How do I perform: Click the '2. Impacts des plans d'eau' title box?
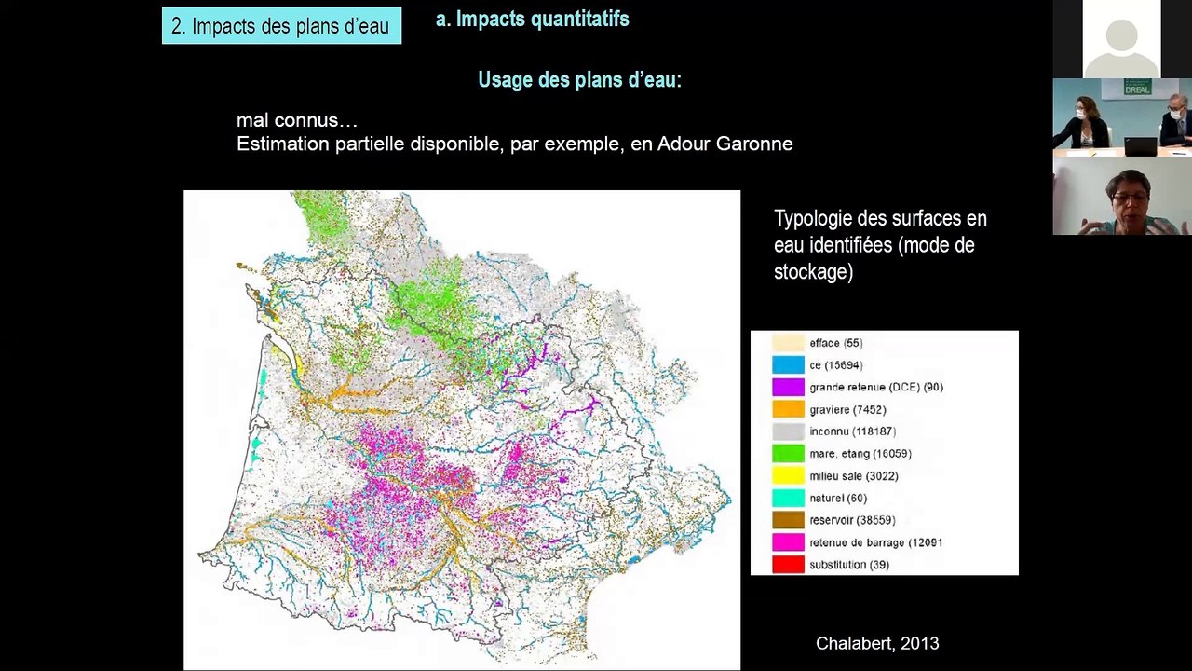tap(281, 26)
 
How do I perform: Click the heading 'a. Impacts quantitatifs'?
tap(533, 20)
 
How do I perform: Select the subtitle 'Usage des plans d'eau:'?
tap(579, 80)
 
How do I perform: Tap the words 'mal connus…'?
tap(296, 120)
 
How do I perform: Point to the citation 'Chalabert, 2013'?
tap(876, 643)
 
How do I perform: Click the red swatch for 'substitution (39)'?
tap(788, 565)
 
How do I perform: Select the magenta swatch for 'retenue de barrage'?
tap(788, 542)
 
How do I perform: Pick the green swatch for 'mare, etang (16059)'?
tap(788, 454)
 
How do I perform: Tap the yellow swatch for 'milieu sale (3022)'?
tap(788, 476)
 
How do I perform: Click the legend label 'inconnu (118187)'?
tap(852, 431)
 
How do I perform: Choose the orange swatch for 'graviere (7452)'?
tap(788, 409)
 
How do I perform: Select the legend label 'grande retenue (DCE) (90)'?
tap(875, 387)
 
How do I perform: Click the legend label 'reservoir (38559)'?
tap(852, 520)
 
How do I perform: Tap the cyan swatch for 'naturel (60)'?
tap(788, 499)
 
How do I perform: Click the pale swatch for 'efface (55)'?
tap(788, 343)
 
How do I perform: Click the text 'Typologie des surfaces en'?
tap(880, 219)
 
